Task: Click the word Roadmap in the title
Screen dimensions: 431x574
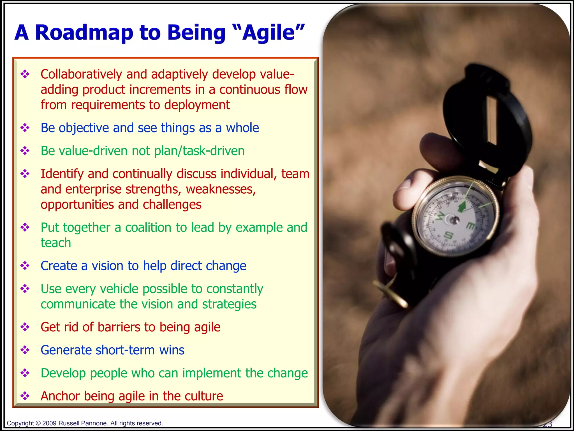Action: pos(84,33)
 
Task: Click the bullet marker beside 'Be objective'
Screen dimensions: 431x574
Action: pos(25,128)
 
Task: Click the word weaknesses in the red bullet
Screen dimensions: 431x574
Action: pos(221,189)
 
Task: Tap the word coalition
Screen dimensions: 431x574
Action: pos(148,227)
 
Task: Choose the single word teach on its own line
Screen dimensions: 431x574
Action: pos(56,243)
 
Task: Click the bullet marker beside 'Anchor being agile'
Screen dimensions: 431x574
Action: pos(25,396)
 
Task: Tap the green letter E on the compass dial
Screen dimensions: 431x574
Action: pos(471,225)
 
